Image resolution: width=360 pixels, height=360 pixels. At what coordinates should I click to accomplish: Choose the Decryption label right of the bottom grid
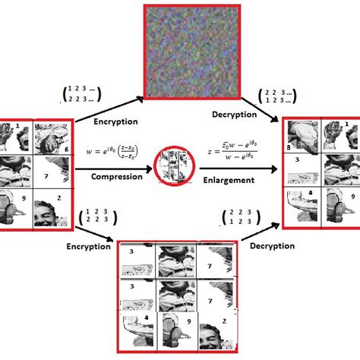271,246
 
